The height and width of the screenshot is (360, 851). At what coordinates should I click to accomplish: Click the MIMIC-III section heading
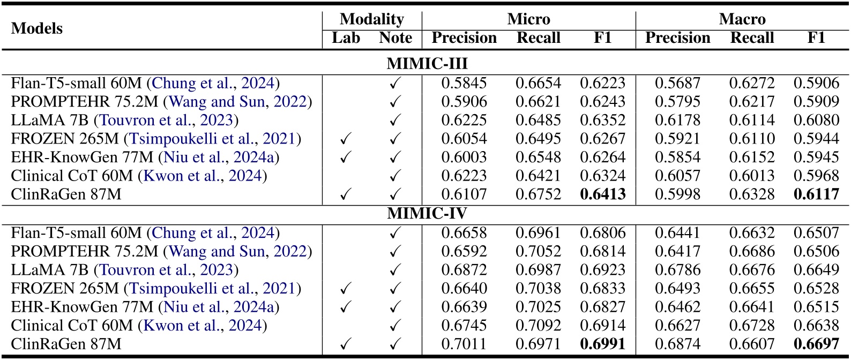(x=427, y=64)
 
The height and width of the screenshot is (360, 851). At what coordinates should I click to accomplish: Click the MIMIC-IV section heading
(x=427, y=213)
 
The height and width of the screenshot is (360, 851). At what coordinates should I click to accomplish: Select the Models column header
(x=37, y=28)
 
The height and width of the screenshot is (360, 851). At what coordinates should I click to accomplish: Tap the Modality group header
(x=371, y=19)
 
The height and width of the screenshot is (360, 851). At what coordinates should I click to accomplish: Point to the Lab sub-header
(x=346, y=38)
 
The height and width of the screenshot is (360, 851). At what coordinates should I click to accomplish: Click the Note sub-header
(x=395, y=38)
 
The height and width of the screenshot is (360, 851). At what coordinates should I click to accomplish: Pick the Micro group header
(x=528, y=19)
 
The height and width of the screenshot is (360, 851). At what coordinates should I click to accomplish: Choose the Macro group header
(x=742, y=19)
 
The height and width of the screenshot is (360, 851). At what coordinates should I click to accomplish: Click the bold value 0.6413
(x=602, y=194)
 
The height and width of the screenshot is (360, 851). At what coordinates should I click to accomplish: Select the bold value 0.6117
(x=816, y=194)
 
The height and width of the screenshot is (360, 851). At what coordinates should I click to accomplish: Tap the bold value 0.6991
(x=602, y=344)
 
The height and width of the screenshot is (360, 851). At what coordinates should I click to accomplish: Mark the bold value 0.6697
(x=816, y=344)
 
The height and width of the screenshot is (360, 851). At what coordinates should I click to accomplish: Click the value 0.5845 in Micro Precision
(x=464, y=83)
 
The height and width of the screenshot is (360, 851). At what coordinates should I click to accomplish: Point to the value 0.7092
(x=538, y=325)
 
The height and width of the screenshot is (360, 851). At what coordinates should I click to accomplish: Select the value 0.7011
(x=464, y=344)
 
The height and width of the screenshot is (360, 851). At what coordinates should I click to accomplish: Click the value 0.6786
(x=677, y=269)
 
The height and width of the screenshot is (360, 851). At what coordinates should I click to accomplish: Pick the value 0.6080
(x=816, y=120)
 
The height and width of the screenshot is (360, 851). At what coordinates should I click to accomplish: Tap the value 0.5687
(x=677, y=83)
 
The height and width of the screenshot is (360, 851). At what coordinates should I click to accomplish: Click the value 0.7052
(x=538, y=251)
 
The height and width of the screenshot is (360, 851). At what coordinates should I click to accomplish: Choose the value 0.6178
(x=677, y=120)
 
